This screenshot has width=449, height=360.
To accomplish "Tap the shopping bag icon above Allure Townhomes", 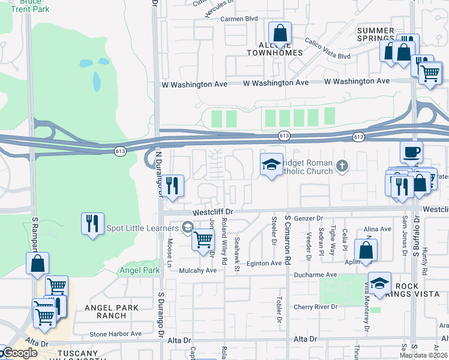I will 280,34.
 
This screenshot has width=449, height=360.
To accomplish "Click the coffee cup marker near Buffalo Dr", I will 411,152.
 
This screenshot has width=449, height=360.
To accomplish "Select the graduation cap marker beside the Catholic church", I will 271,164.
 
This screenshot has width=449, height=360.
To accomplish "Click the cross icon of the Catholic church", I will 342,165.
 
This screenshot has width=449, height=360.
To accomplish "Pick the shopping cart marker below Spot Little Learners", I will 203,239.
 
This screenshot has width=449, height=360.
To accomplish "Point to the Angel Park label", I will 139,271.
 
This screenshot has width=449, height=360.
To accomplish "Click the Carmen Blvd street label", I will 239,19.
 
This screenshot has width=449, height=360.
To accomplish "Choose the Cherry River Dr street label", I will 316,307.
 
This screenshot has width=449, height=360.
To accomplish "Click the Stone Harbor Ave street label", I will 115,334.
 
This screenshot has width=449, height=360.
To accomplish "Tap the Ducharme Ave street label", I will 319,274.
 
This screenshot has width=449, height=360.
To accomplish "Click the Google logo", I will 19,353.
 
